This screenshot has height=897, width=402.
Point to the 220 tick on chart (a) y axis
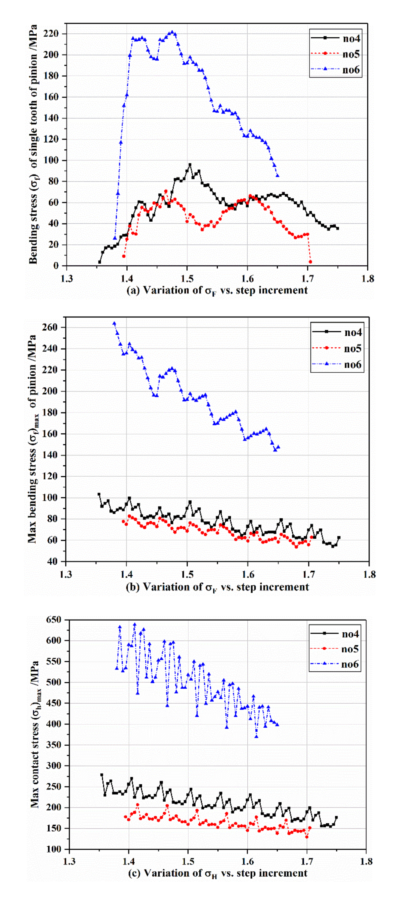[x=51, y=34]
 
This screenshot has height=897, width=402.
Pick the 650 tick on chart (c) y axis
[x=53, y=620]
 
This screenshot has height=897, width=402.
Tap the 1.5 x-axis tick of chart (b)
[x=187, y=574]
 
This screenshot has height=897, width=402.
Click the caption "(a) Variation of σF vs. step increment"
[x=217, y=290]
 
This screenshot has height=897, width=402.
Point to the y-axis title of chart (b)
[x=32, y=439]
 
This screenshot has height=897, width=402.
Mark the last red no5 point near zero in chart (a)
[x=310, y=262]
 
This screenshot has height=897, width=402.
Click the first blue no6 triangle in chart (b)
[x=114, y=323]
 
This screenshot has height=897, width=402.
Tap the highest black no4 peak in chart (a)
[x=190, y=165]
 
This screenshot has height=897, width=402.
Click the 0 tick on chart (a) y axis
[x=56, y=266]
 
